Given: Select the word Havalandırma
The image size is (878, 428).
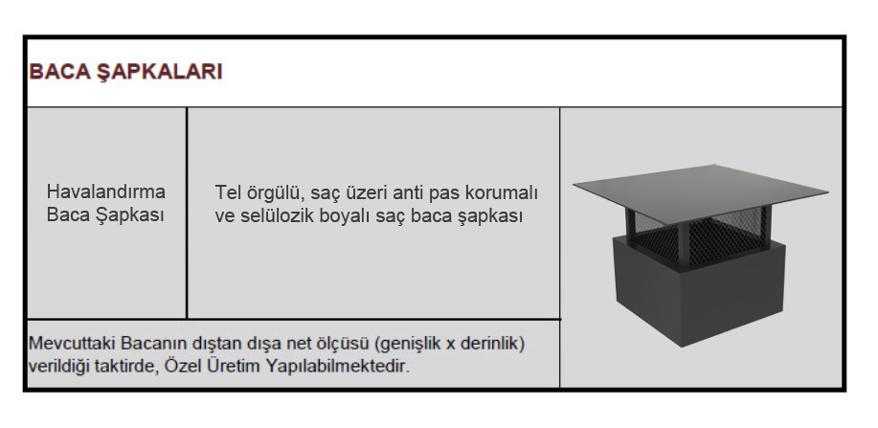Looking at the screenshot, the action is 106,191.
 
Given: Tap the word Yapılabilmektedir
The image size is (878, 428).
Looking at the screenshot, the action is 338,367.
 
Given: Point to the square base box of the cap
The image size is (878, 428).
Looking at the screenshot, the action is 699,290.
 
